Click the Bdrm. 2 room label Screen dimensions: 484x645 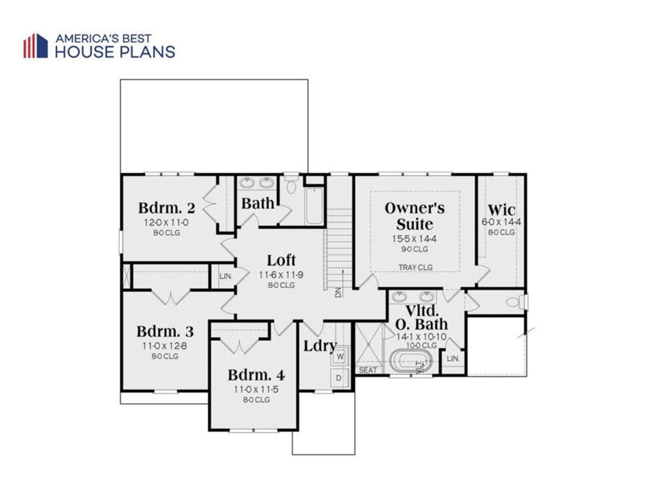click(166, 208)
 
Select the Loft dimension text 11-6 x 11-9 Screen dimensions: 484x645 click(281, 275)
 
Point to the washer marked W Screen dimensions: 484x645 click(340, 356)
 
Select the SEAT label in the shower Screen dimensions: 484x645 click(367, 370)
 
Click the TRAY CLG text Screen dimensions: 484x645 click(415, 267)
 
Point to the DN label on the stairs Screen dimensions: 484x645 click(338, 292)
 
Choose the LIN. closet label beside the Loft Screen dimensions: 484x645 click(226, 276)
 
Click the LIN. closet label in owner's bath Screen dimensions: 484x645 click(453, 358)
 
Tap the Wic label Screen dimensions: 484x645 click(501, 209)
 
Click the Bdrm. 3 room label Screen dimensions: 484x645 click(165, 332)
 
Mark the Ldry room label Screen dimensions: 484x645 click(319, 346)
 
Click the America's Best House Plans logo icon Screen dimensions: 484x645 click(35, 46)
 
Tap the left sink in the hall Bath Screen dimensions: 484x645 click(247, 183)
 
